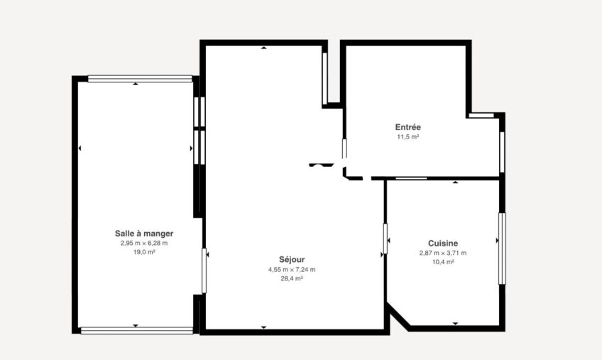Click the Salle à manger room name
click(144, 233)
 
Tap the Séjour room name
click(292, 260)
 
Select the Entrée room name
click(407, 127)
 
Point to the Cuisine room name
click(443, 244)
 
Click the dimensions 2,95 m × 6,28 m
click(144, 244)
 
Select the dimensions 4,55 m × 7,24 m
click(292, 270)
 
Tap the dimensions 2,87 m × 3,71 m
click(443, 253)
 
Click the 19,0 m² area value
click(144, 252)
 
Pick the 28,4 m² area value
click(292, 278)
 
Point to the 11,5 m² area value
click(407, 137)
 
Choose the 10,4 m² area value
click(443, 262)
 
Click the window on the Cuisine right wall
click(502, 249)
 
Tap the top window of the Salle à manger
click(140, 78)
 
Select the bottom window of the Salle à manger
click(137, 330)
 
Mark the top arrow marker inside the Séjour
click(264, 48)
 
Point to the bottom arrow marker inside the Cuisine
click(455, 324)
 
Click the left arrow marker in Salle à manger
click(80, 148)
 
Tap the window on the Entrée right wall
click(502, 152)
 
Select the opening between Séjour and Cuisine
click(385, 239)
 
